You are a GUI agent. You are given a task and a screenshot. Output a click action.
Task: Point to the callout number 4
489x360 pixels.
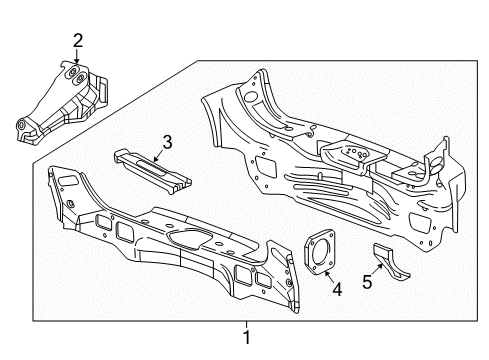pos(337,290)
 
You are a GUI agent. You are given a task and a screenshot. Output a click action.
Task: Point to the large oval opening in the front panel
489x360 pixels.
pos(185,237)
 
